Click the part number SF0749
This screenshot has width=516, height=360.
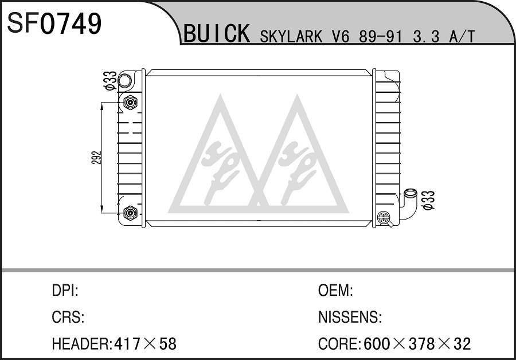(54, 24)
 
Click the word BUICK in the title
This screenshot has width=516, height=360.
(217, 33)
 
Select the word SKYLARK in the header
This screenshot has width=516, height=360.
(291, 37)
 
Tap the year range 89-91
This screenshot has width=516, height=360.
(381, 37)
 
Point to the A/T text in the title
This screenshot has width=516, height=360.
(462, 37)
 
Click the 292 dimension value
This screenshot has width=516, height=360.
(96, 158)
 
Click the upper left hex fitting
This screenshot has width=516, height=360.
(130, 103)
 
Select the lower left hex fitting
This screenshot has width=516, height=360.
(130, 213)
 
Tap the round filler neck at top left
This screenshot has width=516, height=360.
(124, 80)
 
